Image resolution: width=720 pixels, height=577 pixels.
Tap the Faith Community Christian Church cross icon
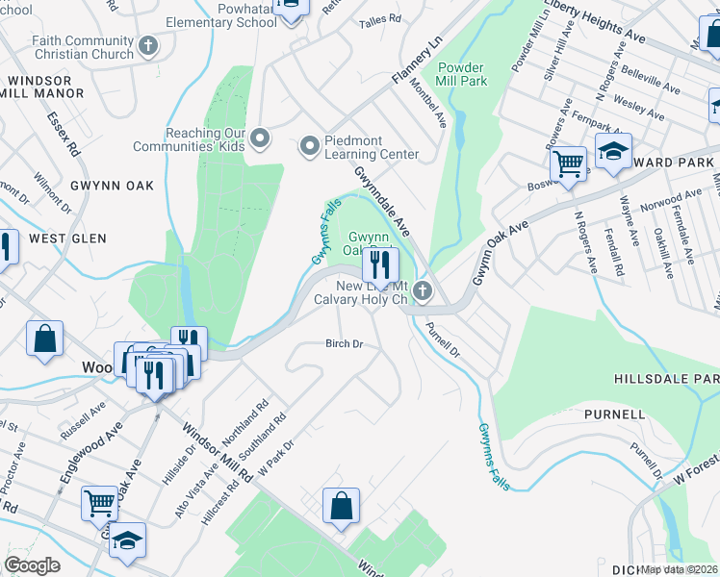pos(148,45)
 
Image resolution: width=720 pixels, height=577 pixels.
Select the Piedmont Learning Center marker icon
pos(309,146)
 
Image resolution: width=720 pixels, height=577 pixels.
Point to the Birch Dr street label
pos(344,343)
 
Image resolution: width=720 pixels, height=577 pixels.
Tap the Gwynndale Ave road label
pos(382,201)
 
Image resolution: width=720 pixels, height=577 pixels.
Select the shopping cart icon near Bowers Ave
pos(568,163)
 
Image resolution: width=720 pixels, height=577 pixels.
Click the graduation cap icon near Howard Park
pos(612,152)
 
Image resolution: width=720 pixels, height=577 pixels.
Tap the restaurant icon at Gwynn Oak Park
pos(380,262)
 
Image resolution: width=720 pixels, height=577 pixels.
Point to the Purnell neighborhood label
pos(614,414)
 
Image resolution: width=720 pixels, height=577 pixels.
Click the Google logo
pos(32,565)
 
